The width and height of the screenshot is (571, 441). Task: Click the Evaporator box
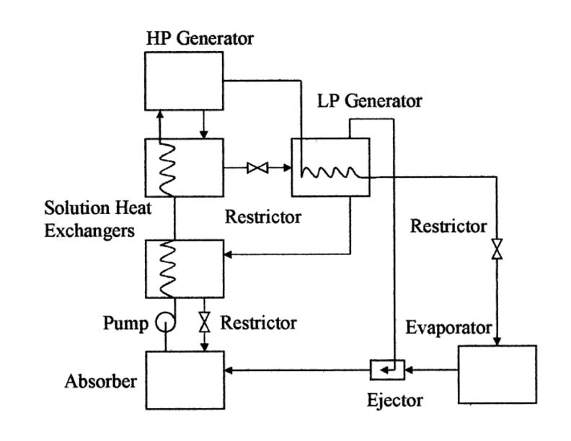(x=497, y=374)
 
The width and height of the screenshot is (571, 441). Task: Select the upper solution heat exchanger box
(x=184, y=168)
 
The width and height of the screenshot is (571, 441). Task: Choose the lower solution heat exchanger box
(x=184, y=268)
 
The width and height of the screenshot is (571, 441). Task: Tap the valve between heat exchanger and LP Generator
(x=257, y=168)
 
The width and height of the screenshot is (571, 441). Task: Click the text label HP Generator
(x=199, y=37)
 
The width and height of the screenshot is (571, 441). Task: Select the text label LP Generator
(x=370, y=100)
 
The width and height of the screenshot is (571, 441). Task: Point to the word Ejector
(x=395, y=399)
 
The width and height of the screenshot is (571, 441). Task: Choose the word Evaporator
(x=448, y=328)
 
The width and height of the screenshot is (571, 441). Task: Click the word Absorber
(x=100, y=380)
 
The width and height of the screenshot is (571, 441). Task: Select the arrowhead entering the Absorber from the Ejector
(x=229, y=371)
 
